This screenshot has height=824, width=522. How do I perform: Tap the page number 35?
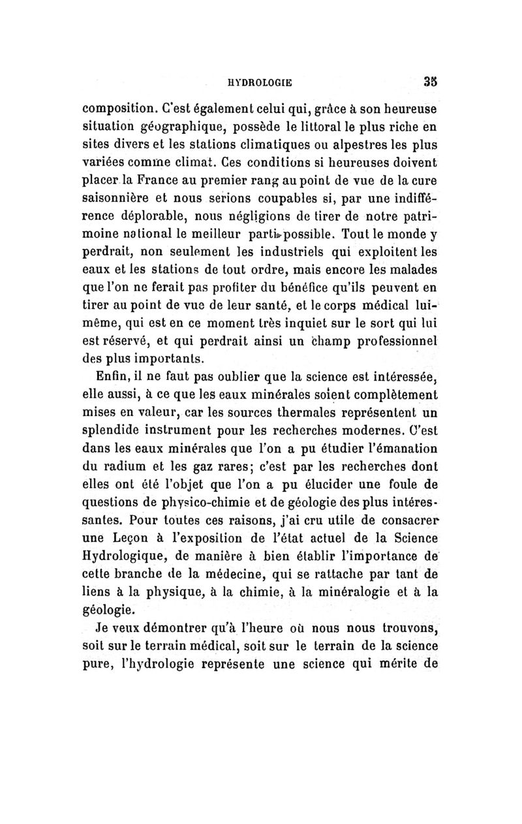click(x=428, y=82)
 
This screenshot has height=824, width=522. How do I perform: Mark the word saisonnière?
click(x=120, y=197)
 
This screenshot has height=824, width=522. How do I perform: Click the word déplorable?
click(x=149, y=214)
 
